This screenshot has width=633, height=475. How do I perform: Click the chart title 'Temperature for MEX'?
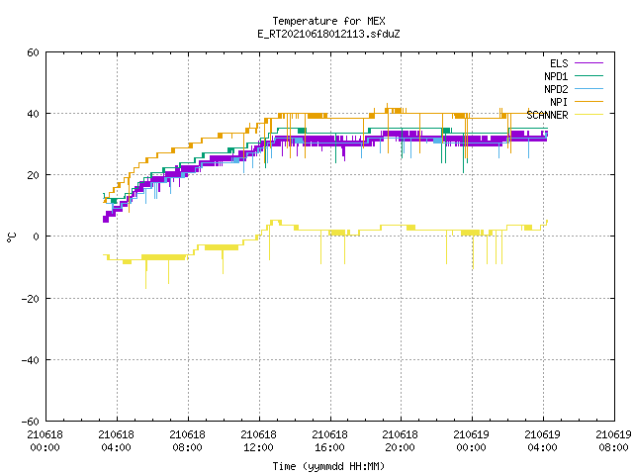pos(328,21)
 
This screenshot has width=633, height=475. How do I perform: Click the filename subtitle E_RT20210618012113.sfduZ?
pos(328,34)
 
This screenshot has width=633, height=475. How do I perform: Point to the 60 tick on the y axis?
pos(33,52)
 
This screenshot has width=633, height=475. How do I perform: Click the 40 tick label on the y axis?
pos(33,114)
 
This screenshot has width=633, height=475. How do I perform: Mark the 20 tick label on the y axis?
pos(33,175)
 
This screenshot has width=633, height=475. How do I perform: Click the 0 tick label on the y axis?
pos(37,237)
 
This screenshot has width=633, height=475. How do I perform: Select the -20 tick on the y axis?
pos(31,299)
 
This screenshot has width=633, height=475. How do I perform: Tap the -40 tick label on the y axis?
pos(31,360)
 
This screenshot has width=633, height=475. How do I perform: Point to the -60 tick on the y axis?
pos(31,422)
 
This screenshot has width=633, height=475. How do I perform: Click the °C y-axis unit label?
pos(11,237)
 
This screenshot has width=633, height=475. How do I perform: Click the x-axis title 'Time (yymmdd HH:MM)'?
pos(328,466)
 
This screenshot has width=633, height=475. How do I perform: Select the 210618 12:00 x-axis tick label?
pos(258,440)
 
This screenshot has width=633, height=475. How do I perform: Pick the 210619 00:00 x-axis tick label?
pos(471,440)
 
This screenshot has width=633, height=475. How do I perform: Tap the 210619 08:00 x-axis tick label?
pos(613,440)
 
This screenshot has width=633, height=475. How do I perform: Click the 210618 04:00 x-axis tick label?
pos(117,440)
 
